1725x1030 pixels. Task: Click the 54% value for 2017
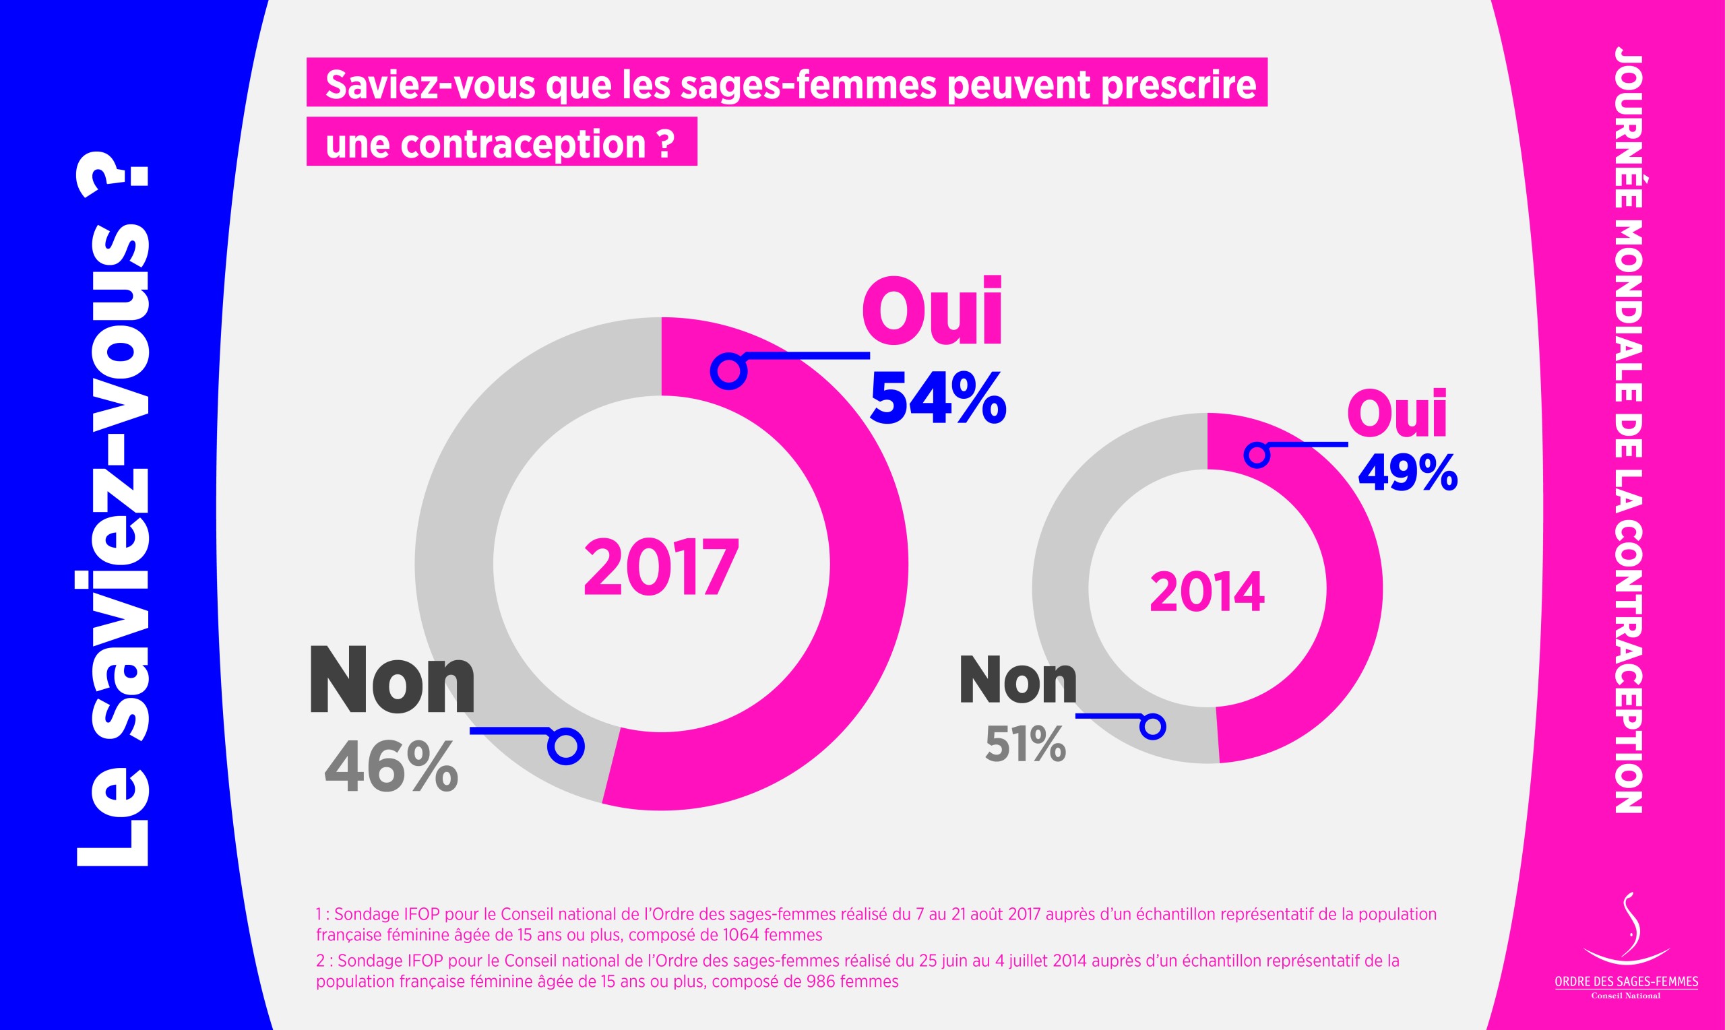click(x=937, y=397)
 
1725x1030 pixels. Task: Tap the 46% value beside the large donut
click(x=391, y=767)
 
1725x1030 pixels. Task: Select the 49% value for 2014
click(x=1407, y=474)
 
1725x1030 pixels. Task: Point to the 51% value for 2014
click(x=1025, y=744)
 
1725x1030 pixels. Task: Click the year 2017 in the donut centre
click(x=661, y=567)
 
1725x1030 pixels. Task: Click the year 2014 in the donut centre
click(x=1206, y=592)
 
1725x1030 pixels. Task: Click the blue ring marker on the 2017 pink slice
click(x=729, y=371)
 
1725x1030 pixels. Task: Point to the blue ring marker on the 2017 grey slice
click(x=566, y=747)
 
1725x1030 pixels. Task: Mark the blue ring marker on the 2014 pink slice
click(x=1257, y=455)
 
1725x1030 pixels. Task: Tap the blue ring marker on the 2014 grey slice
click(x=1153, y=727)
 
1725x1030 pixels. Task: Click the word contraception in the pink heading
click(x=523, y=143)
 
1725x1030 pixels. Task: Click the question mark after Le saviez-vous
click(x=115, y=183)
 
